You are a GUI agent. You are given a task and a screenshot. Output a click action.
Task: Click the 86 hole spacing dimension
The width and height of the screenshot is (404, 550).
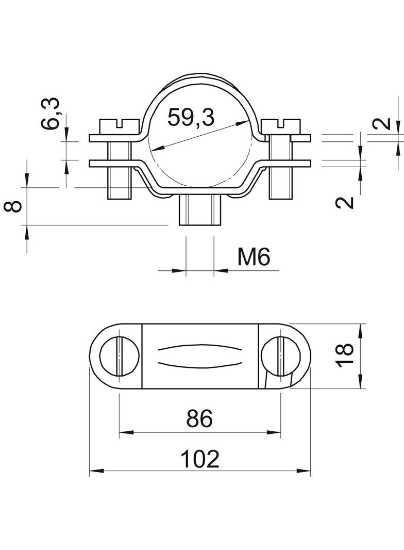coord(199,419)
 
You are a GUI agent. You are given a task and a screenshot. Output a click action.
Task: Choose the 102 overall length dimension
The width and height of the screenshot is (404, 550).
coord(200,459)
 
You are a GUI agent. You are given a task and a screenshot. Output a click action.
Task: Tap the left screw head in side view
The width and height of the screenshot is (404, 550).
coord(119,126)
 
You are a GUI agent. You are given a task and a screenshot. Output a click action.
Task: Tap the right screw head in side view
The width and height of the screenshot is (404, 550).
coord(281,126)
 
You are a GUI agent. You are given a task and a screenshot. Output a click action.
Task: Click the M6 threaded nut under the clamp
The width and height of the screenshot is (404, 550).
coord(200,211)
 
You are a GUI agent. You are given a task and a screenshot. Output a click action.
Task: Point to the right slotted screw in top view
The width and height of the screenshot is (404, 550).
coord(281,356)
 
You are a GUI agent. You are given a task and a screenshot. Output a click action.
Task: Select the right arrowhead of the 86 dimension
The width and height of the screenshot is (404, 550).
coord(277,431)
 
